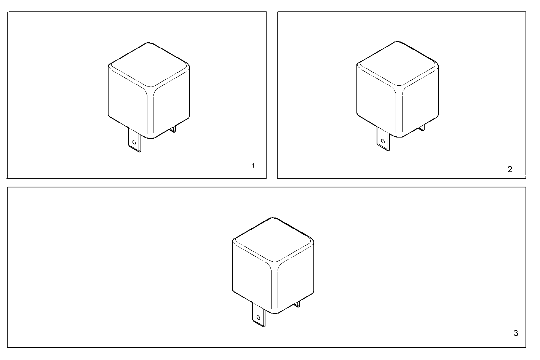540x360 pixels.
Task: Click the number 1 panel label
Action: tap(253, 165)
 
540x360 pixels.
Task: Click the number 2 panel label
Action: tap(510, 170)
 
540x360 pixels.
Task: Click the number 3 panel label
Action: tap(516, 333)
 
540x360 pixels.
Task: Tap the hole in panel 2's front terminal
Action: tap(382, 142)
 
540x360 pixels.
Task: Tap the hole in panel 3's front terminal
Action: tap(258, 317)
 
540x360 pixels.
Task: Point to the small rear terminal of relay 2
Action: tap(422, 128)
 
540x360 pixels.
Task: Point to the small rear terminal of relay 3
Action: tap(297, 304)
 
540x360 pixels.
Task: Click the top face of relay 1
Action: tap(149, 65)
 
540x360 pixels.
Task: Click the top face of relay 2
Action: tap(398, 64)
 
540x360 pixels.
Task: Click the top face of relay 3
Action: tap(273, 240)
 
